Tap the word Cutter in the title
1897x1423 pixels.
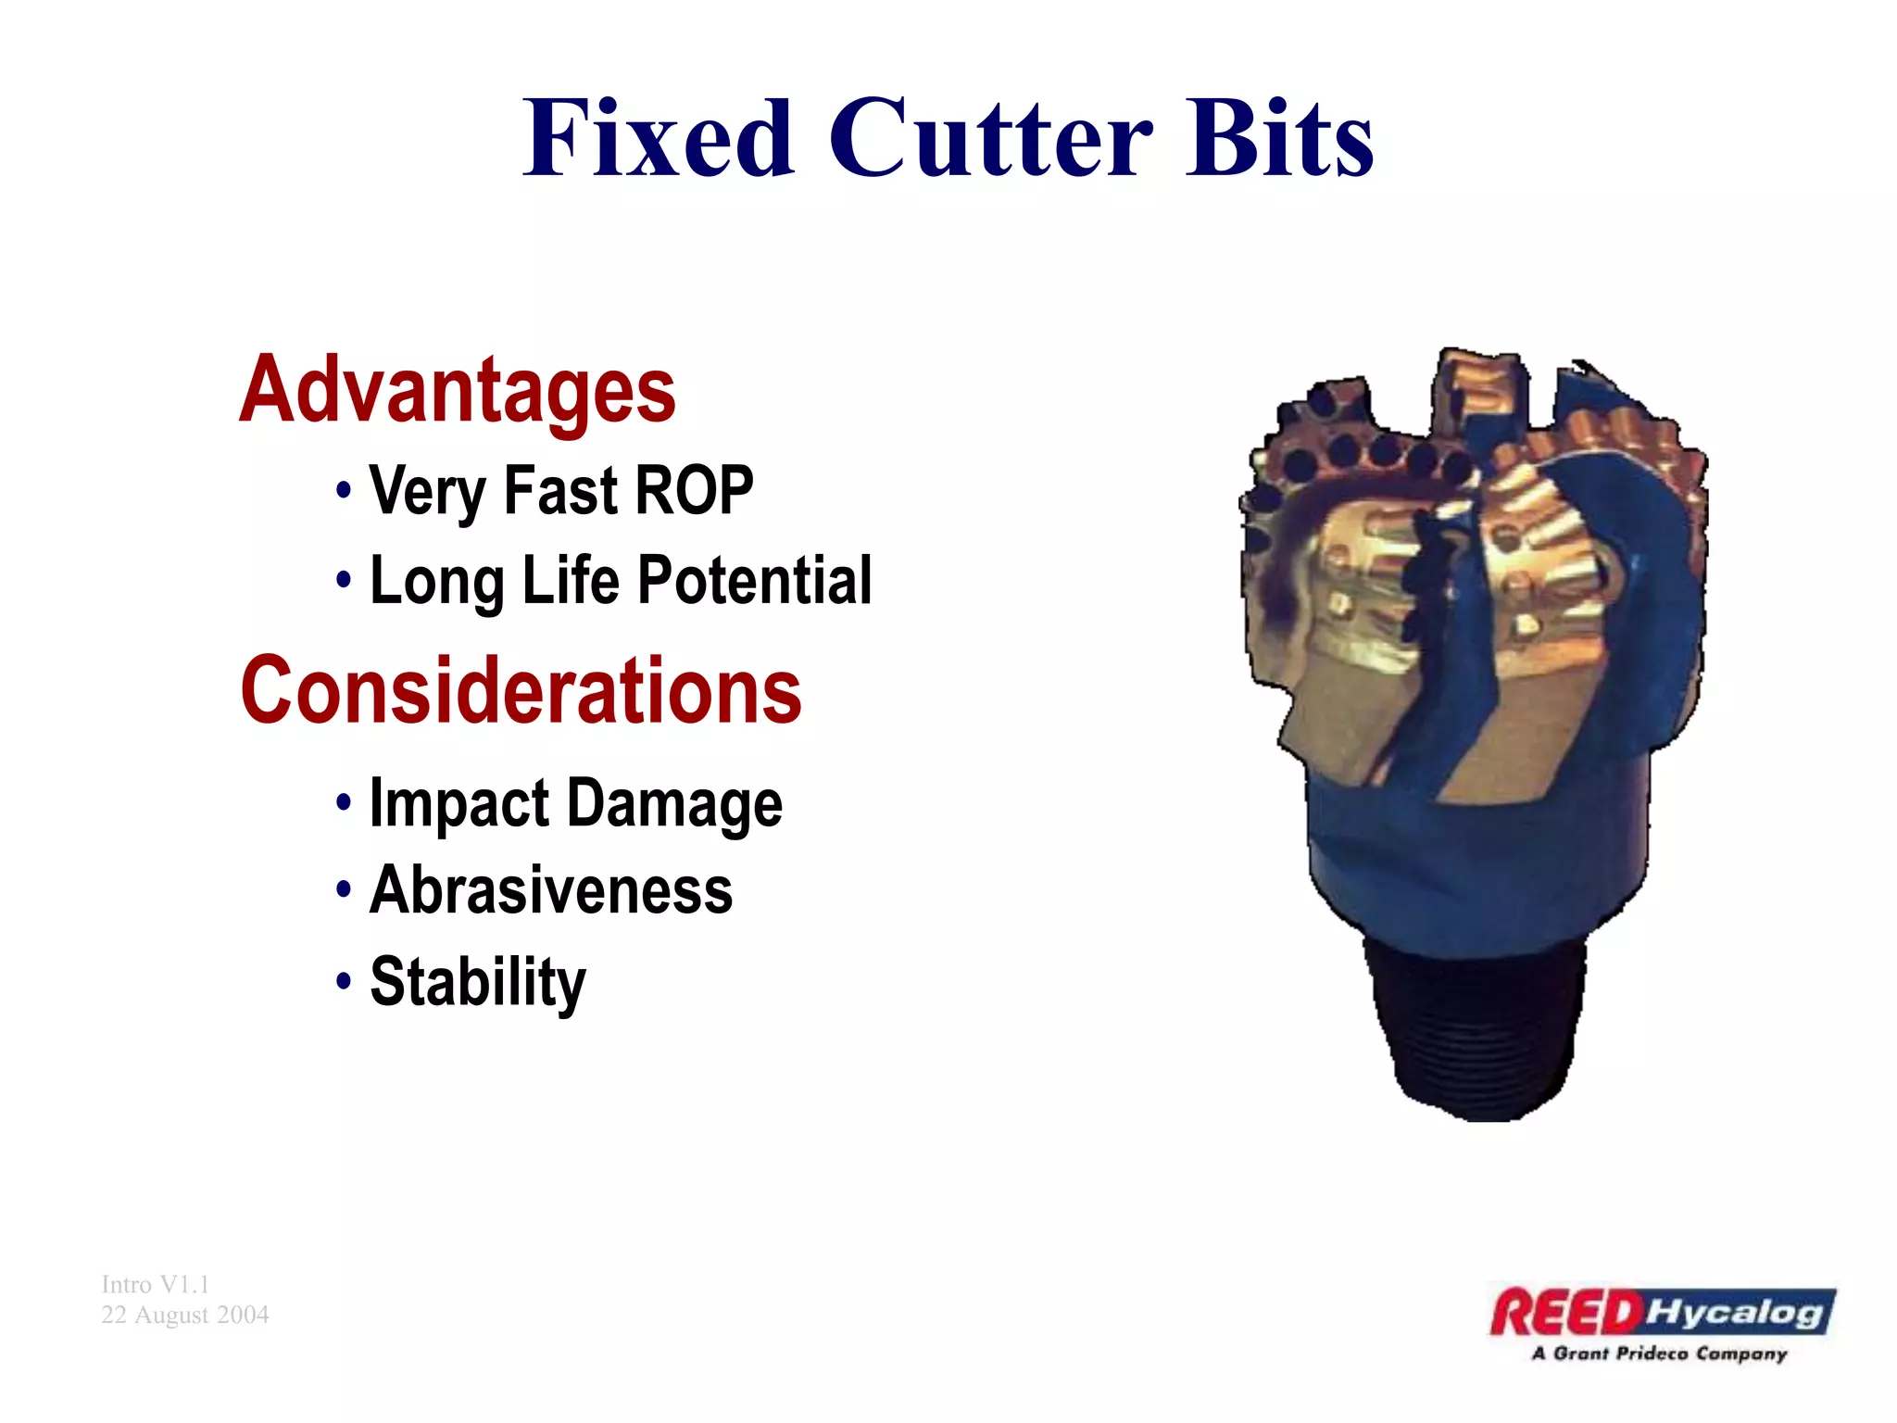tap(990, 139)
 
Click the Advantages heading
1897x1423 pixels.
tap(458, 392)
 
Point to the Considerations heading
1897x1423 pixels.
tap(521, 690)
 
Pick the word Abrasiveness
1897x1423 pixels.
tap(551, 891)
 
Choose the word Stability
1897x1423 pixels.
tap(478, 982)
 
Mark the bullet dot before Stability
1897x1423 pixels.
tap(344, 980)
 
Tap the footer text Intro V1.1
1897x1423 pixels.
tap(156, 1284)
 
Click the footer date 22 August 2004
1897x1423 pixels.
tap(185, 1315)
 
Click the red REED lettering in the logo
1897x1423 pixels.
tap(1565, 1314)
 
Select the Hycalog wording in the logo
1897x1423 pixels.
tap(1736, 1313)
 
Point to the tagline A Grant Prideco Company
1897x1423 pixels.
tap(1659, 1354)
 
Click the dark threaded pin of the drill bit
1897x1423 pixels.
tap(1476, 1028)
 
